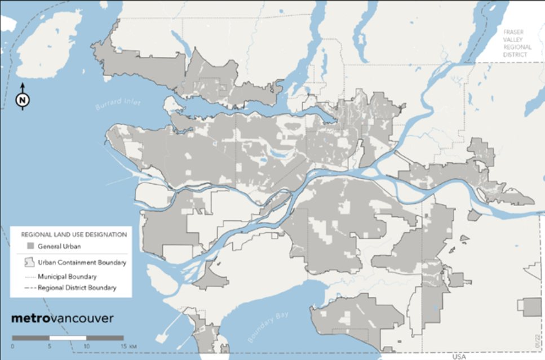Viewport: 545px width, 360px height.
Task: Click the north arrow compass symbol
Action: [22, 100]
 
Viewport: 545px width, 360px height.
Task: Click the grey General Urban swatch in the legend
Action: [29, 246]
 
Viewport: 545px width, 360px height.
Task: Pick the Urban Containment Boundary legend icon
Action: [29, 262]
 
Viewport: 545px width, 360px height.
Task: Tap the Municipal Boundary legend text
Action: [67, 277]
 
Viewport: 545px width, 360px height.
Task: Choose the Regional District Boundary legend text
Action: [77, 288]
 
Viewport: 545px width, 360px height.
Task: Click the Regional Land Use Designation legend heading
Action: [73, 234]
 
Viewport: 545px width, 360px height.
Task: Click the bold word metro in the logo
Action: [30, 318]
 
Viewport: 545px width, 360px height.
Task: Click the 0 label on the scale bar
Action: [12, 345]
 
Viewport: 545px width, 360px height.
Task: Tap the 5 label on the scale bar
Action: [50, 345]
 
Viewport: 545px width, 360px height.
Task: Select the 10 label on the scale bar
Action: [86, 345]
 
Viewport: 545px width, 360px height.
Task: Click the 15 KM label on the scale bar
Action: [125, 345]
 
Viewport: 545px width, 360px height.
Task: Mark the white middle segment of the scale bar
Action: [68, 337]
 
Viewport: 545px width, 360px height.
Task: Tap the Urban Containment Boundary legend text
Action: [82, 263]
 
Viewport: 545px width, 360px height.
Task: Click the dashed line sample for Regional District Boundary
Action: [29, 288]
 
